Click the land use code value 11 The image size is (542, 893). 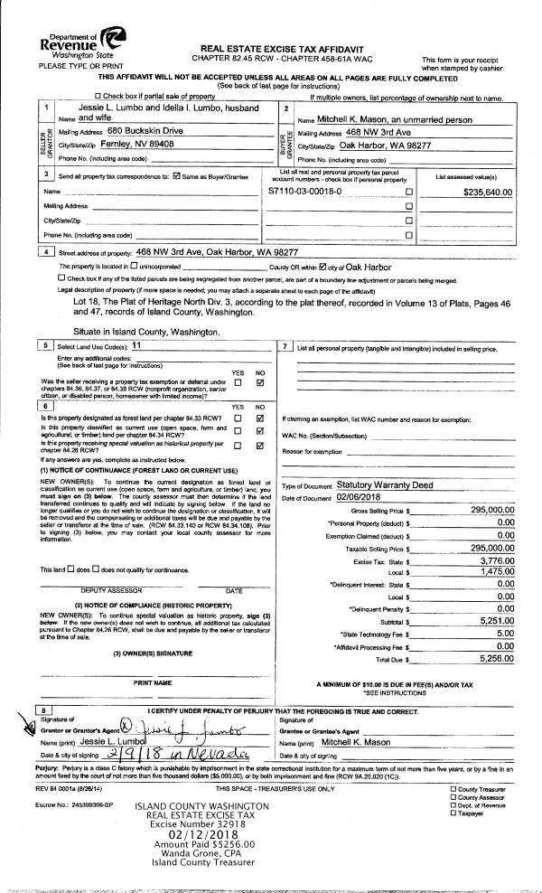tap(136, 346)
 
